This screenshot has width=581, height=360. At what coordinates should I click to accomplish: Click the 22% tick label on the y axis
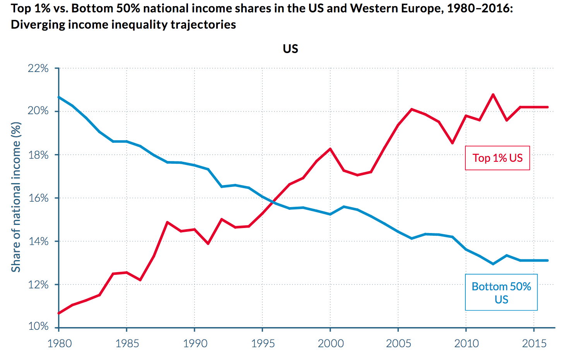point(38,69)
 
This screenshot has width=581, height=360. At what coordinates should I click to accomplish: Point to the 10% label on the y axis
point(38,326)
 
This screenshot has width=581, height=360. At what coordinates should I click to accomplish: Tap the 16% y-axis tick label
point(38,198)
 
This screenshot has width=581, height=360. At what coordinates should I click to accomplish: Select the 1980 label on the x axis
point(59,343)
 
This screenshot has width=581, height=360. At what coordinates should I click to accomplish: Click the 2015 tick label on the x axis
point(534,343)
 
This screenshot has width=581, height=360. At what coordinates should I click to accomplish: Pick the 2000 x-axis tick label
point(330,343)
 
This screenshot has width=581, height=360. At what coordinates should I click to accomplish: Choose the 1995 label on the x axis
point(263,343)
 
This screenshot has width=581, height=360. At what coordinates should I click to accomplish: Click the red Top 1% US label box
point(497,158)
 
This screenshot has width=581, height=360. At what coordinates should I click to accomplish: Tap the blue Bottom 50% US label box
point(501,293)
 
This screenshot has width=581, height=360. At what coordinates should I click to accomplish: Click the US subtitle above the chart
point(290,49)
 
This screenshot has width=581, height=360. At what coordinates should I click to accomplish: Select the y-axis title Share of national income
point(16,197)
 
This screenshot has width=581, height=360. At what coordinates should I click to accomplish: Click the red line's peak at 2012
point(493,94)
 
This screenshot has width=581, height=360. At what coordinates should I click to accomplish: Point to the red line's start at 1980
point(59,313)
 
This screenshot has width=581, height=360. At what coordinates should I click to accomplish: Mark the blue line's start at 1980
point(59,97)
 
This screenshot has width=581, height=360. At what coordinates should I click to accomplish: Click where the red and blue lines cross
point(273,202)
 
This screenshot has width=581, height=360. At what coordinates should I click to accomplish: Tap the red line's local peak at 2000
point(330,149)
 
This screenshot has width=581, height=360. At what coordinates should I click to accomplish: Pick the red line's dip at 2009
point(452,143)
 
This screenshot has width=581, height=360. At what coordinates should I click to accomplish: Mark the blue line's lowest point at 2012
point(493,264)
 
